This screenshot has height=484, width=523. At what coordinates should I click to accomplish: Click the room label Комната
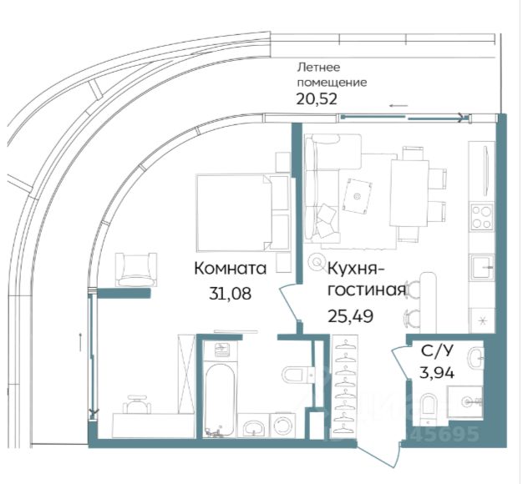(230, 269)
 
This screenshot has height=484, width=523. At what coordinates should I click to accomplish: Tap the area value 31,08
(230, 293)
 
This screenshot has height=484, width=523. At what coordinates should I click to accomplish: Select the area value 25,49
(350, 315)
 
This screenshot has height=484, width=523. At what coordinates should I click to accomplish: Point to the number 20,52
(317, 99)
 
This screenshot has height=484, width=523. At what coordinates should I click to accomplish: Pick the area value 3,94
(437, 372)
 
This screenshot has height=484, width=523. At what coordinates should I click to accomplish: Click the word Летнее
(314, 68)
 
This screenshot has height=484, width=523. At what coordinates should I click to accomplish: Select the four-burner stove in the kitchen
(482, 216)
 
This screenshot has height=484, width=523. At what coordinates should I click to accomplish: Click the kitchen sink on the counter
(482, 266)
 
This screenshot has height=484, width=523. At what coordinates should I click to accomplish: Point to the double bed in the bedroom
(242, 213)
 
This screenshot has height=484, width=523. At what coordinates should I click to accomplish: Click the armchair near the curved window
(136, 270)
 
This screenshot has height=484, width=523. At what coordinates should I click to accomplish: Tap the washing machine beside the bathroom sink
(282, 425)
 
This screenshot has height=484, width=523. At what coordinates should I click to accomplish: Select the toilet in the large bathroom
(297, 375)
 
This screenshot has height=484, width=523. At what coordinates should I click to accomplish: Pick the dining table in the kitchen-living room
(409, 194)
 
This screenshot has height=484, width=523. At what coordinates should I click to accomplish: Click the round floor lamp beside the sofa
(315, 261)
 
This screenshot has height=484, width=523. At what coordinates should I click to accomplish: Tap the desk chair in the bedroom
(137, 404)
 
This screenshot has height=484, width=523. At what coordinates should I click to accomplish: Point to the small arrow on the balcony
(399, 106)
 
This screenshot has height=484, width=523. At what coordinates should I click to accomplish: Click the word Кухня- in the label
(356, 269)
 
